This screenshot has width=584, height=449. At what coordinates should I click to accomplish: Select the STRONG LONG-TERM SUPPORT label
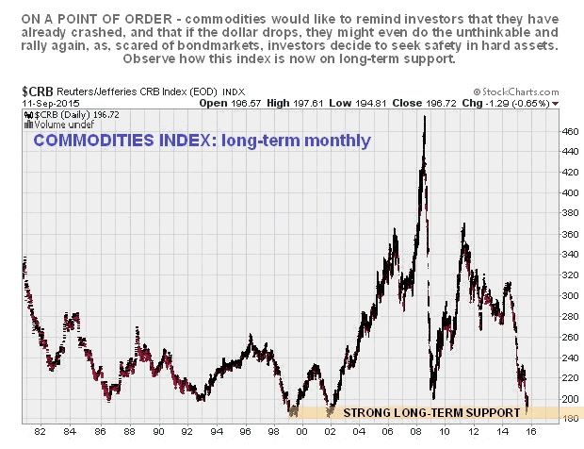(431, 412)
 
